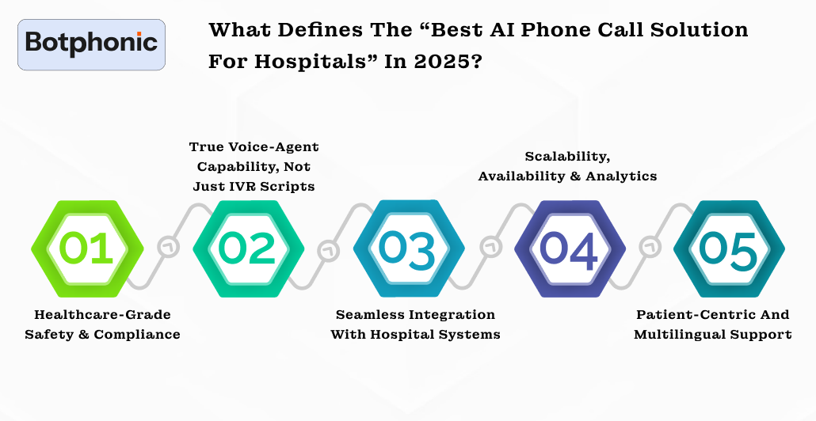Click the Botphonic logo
[x=91, y=44]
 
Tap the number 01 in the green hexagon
[x=87, y=248]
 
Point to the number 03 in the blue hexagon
[x=409, y=248]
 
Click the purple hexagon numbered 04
[x=569, y=248]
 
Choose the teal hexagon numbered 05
[x=729, y=248]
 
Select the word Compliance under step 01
[x=137, y=335]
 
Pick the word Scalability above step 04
[x=566, y=157]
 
